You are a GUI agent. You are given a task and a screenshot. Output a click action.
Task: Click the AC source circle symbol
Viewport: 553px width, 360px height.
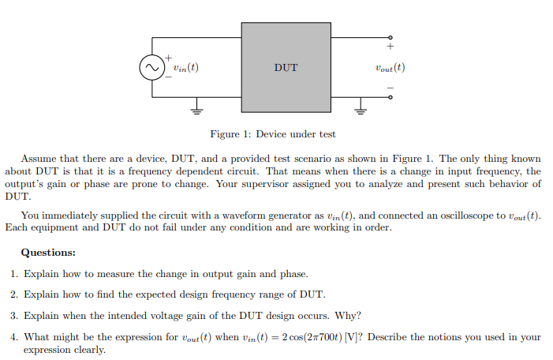point(150,68)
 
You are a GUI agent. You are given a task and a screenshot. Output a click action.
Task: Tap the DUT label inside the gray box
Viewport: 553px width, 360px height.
point(286,68)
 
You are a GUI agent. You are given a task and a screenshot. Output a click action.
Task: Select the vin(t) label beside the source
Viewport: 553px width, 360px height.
point(185,68)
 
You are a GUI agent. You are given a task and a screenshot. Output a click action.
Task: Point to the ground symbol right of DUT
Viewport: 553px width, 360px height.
point(362,110)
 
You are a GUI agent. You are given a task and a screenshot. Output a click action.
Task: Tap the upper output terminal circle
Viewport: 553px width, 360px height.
point(390,37)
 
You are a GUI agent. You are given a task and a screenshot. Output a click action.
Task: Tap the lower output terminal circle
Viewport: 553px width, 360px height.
point(390,98)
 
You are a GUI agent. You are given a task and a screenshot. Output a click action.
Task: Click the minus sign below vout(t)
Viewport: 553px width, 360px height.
point(390,87)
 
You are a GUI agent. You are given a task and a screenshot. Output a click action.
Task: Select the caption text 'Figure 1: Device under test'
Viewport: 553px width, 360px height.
point(273,134)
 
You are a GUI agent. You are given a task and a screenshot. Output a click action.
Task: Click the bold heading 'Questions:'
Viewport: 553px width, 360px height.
point(48,253)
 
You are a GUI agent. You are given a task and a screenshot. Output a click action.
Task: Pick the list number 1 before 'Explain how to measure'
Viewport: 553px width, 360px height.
point(15,274)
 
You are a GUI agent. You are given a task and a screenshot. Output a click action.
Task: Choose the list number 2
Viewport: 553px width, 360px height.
point(15,294)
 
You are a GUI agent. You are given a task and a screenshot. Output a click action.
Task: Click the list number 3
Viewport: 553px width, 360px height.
point(15,316)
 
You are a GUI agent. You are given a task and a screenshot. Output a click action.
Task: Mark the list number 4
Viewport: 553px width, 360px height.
point(15,336)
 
